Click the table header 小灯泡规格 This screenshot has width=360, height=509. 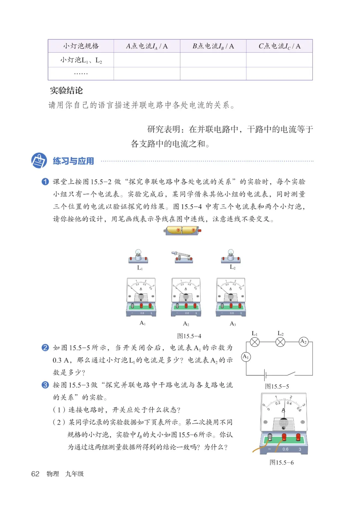click(x=81, y=46)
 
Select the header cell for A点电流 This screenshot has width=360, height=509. click(x=147, y=46)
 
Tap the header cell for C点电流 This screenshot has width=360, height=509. click(x=279, y=46)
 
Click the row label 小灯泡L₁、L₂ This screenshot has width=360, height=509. click(x=81, y=60)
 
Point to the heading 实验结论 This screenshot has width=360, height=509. click(x=66, y=90)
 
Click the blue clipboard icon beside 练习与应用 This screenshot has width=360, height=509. click(x=39, y=161)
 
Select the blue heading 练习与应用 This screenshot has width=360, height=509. click(x=73, y=161)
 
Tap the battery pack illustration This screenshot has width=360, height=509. click(x=183, y=230)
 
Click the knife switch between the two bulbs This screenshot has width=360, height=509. click(x=182, y=257)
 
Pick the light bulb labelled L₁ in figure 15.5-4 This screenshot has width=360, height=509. click(x=138, y=256)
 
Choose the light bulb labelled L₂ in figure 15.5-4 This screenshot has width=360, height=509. click(x=231, y=256)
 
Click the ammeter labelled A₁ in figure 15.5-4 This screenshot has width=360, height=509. click(x=141, y=297)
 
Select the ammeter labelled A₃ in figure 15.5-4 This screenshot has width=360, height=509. click(x=231, y=297)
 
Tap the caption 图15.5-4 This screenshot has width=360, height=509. click(x=189, y=336)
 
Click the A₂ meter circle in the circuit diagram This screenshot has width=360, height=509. click(x=303, y=342)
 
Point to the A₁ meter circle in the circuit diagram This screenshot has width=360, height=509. click(x=246, y=357)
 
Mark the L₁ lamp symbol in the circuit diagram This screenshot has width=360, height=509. click(x=255, y=342)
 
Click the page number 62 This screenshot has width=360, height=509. click(x=35, y=474)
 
